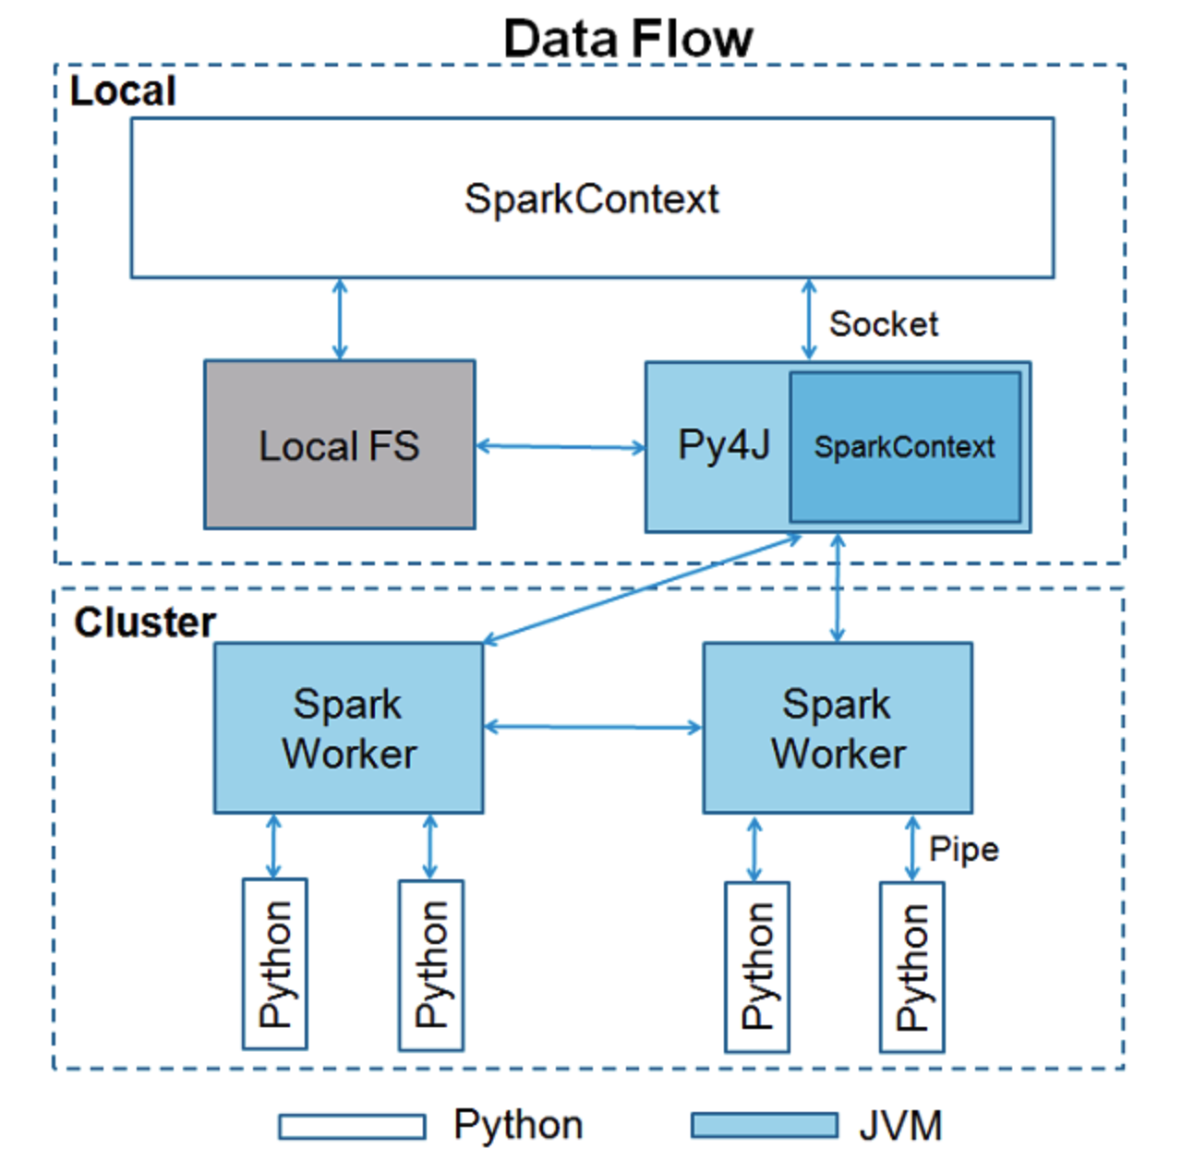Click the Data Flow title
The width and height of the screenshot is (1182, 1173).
click(628, 39)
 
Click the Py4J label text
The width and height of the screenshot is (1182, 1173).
click(723, 445)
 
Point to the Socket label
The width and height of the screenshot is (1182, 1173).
click(883, 324)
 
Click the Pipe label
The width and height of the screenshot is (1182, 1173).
click(963, 849)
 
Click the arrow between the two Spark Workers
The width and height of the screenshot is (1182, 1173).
click(593, 728)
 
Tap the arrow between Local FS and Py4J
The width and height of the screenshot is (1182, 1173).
click(561, 447)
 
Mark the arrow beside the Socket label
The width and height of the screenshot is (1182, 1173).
click(809, 320)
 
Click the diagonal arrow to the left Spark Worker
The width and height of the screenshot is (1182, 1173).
click(642, 588)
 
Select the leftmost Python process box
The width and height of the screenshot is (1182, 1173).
click(274, 963)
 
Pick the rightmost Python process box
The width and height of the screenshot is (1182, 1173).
click(911, 966)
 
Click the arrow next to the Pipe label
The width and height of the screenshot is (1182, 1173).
click(912, 848)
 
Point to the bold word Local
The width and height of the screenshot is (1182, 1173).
click(123, 91)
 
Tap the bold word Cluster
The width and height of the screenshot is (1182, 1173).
click(145, 623)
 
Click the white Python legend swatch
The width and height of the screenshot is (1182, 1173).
click(352, 1126)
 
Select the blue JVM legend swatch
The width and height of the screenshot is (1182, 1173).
click(765, 1126)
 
